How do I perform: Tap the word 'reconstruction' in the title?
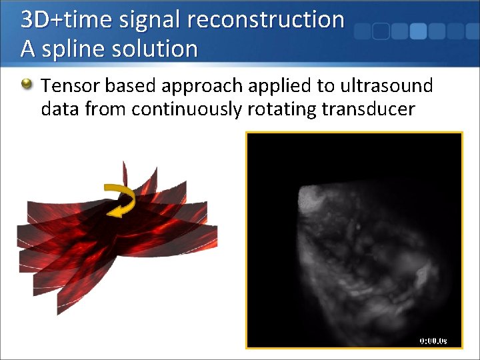pos(266,20)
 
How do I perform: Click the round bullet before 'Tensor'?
pos(27,85)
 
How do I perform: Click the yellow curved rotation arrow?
pos(120,199)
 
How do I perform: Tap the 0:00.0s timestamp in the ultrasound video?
pos(433,341)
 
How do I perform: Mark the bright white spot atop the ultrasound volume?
pos(312,195)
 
